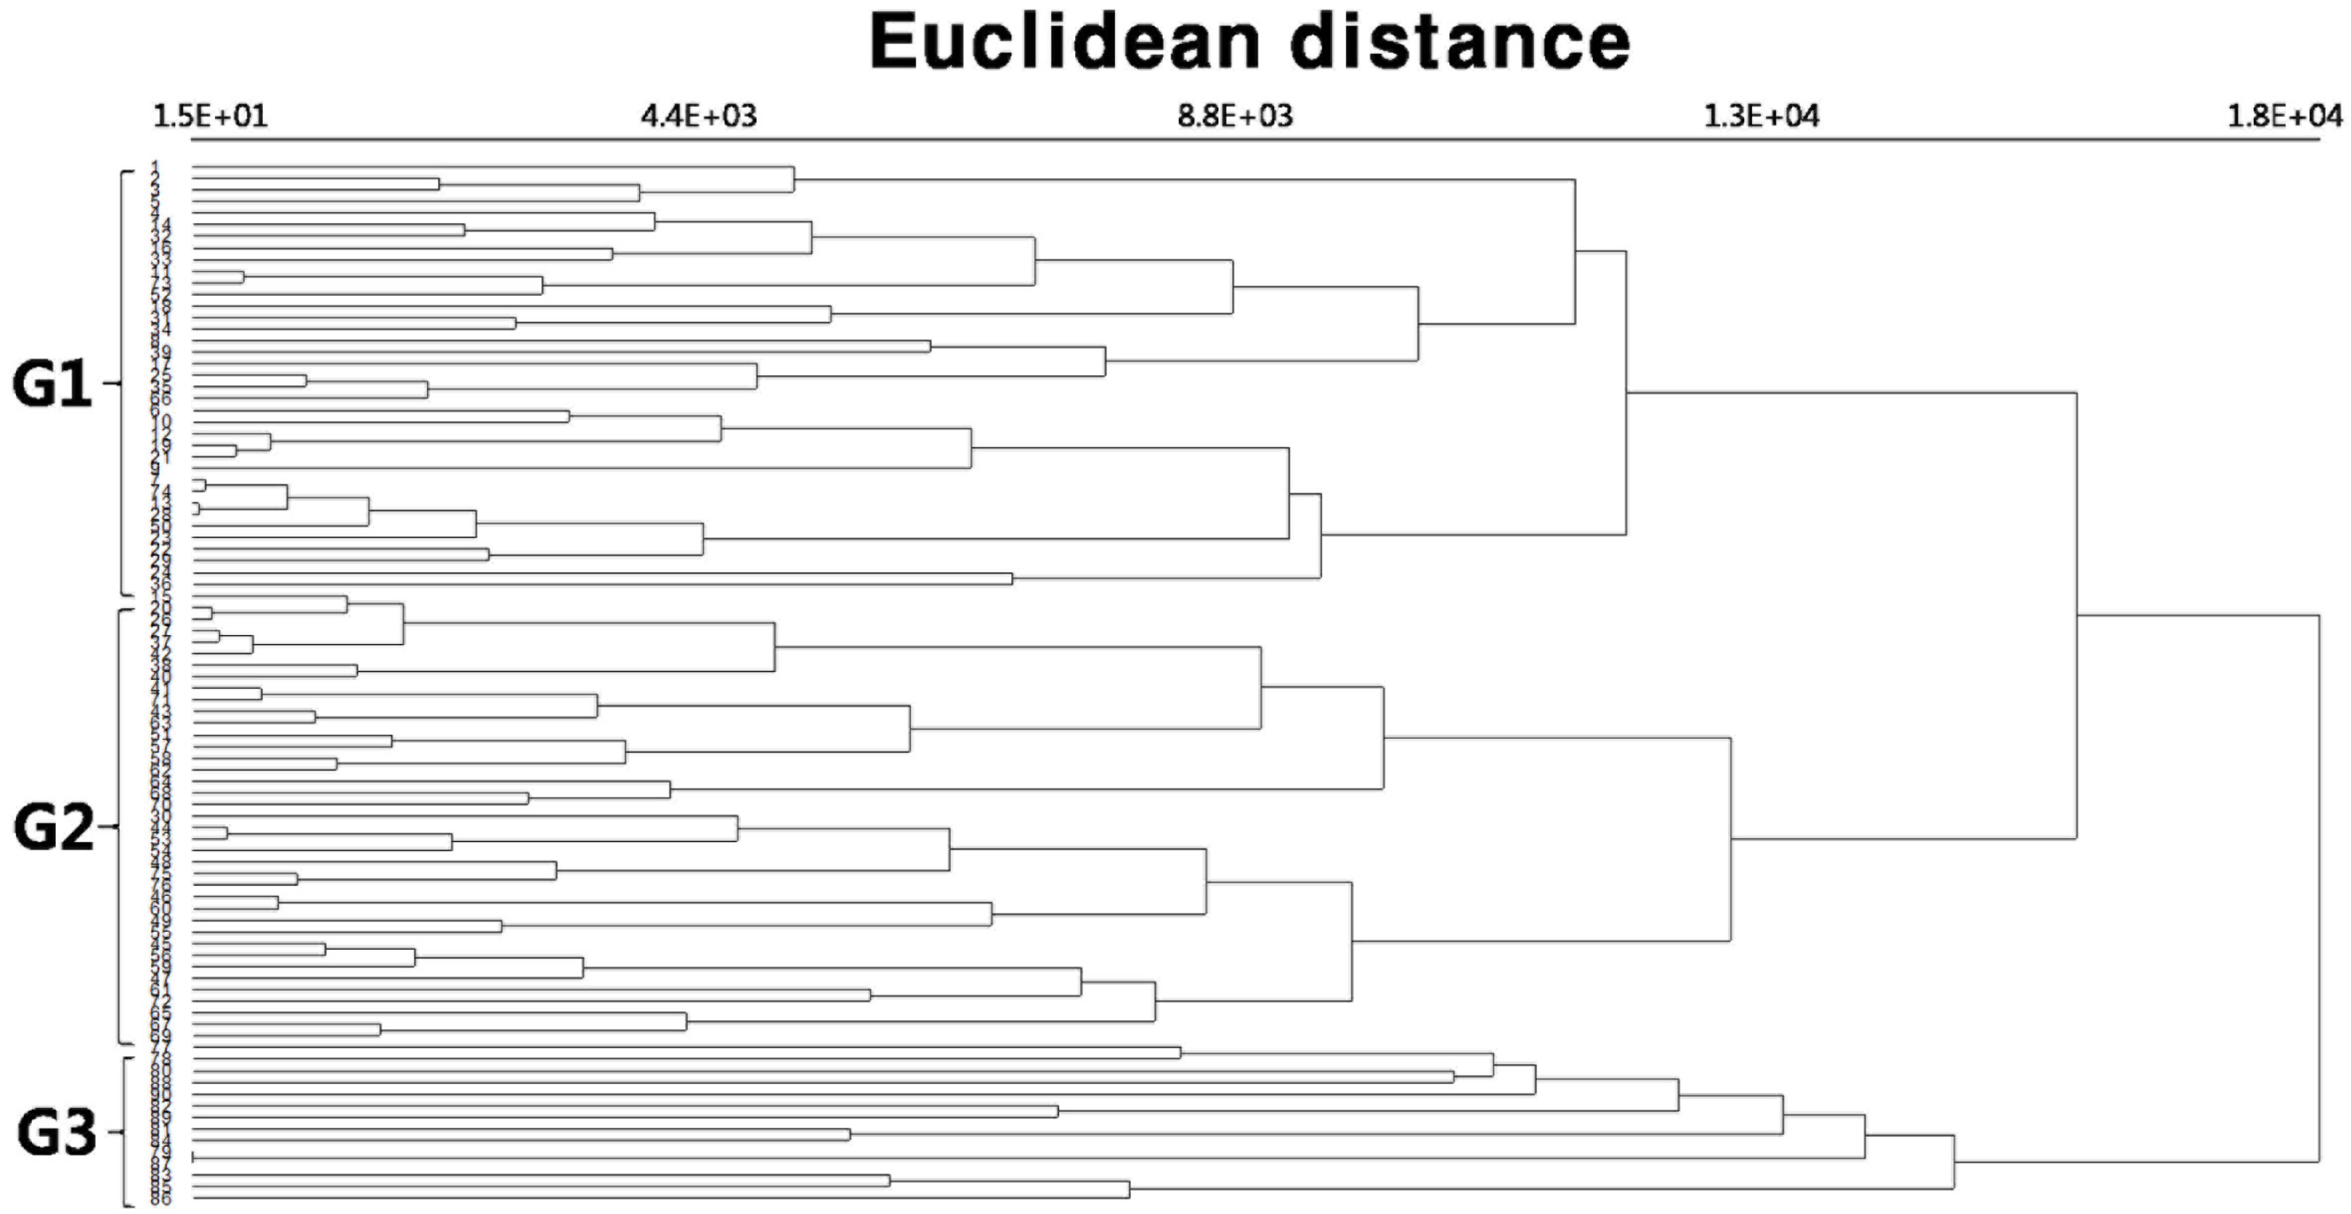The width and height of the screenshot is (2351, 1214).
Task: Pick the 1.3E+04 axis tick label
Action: pos(1761,117)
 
